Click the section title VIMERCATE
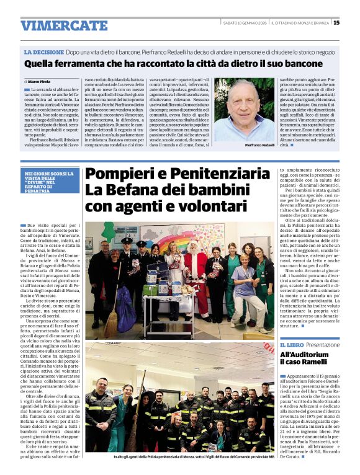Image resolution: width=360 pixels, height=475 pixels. (64, 25)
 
